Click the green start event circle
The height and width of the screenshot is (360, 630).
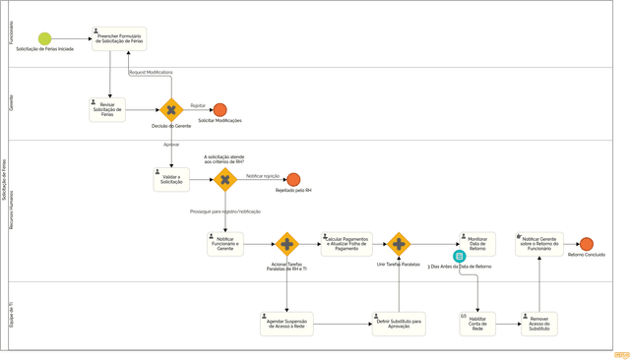(44, 39)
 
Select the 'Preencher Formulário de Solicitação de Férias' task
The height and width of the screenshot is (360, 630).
(119, 39)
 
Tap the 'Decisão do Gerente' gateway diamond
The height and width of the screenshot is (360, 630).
(171, 110)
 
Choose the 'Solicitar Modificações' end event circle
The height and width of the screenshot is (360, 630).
(220, 110)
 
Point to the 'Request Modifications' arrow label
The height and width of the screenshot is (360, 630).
(151, 72)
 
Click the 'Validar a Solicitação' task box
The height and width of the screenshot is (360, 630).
(171, 179)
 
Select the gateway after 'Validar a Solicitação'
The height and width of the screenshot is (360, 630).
(225, 179)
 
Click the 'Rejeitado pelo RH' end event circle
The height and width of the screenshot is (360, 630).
(293, 179)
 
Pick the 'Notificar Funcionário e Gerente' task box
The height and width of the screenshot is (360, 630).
(225, 244)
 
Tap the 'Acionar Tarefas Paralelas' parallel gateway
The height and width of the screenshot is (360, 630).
(286, 244)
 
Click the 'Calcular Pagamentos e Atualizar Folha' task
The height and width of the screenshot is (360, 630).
(346, 244)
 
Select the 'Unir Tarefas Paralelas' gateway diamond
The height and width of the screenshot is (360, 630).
(399, 244)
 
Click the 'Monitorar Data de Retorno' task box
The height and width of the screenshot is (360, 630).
(477, 244)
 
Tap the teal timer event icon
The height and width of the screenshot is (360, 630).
(459, 257)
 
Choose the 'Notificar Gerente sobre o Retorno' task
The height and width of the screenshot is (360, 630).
(538, 244)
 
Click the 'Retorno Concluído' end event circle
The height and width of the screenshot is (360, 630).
(587, 244)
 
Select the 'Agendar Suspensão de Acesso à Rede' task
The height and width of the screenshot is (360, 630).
(286, 324)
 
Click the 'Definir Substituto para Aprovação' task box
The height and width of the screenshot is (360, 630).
(399, 324)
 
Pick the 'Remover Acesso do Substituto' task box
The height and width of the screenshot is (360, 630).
(538, 324)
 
